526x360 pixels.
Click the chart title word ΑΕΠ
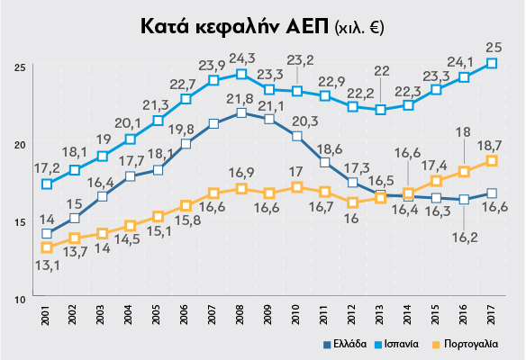pos(296,25)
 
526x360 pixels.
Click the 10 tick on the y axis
pos(18,297)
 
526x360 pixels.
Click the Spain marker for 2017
pos(492,63)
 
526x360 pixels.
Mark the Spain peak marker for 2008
pos(241,74)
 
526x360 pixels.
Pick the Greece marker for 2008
pos(241,112)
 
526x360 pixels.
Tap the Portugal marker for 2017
pos(492,160)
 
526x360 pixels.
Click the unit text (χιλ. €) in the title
pos(358,27)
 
